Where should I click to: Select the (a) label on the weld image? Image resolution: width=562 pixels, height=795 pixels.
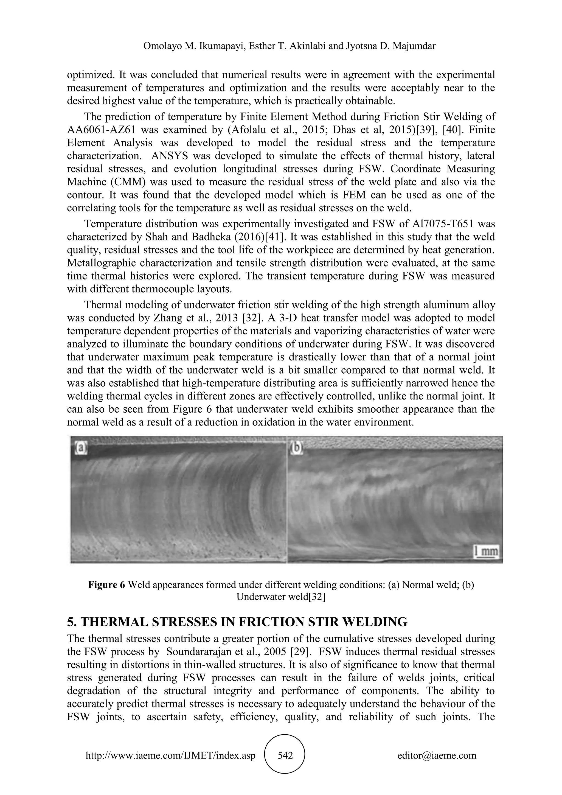79,449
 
